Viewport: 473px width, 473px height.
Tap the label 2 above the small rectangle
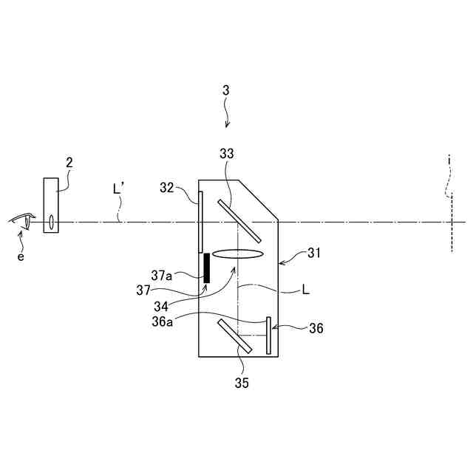[x=69, y=162]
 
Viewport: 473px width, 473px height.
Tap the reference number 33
[x=227, y=154]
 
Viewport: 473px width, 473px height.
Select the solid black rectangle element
[x=207, y=268]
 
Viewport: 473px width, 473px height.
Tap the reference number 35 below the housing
[x=242, y=383]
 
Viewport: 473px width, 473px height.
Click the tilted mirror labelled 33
[x=239, y=220]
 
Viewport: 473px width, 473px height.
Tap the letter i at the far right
[x=449, y=159]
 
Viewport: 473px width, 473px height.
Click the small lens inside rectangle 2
[x=52, y=220]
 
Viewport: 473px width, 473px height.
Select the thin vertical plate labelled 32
[x=200, y=221]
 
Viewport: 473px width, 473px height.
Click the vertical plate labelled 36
[x=268, y=336]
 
